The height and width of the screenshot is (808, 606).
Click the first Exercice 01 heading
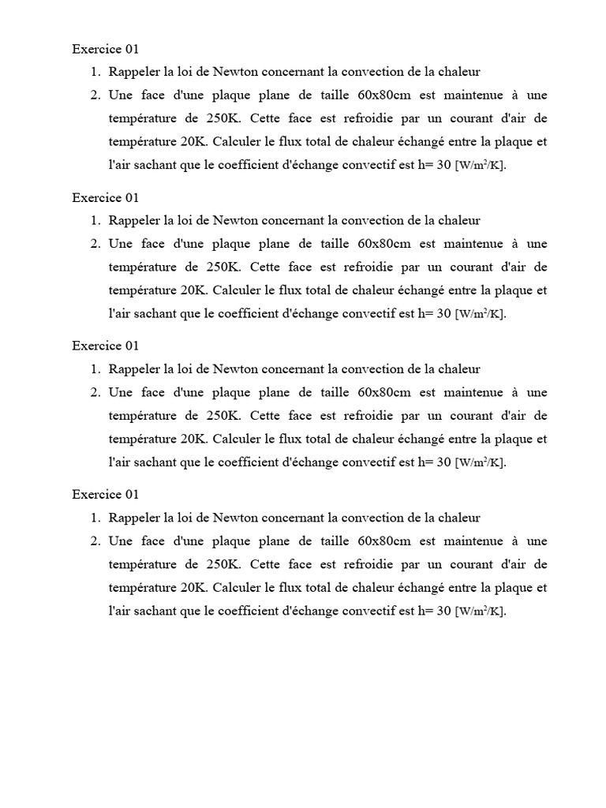pyautogui.click(x=106, y=49)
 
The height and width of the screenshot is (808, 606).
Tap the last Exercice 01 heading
pyautogui.click(x=106, y=495)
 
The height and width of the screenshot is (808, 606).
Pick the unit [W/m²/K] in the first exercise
pyautogui.click(x=481, y=166)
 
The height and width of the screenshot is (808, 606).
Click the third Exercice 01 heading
pyautogui.click(x=106, y=346)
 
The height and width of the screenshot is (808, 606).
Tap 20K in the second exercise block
pyautogui.click(x=194, y=290)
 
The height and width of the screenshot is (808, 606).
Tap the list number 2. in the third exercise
pyautogui.click(x=95, y=392)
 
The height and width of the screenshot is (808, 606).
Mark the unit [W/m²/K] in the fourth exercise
pyautogui.click(x=481, y=612)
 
